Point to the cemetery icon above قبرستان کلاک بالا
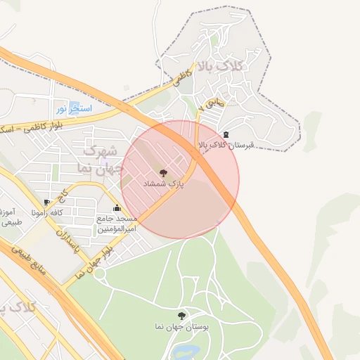226,134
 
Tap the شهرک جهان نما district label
98,160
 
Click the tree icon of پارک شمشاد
164,172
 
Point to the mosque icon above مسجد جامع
116,208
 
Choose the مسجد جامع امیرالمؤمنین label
116,224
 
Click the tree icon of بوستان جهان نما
182,316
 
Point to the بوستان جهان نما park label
182,327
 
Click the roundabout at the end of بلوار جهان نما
99,273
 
